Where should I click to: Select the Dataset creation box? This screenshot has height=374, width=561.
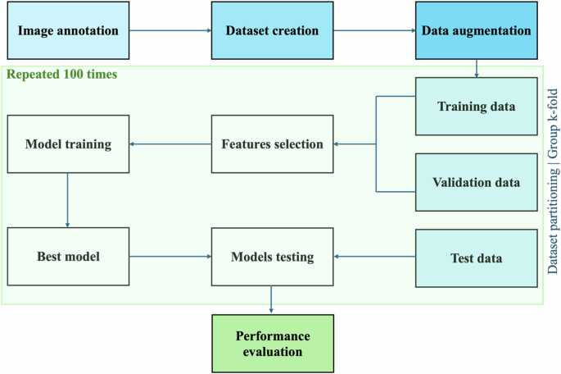tap(271, 31)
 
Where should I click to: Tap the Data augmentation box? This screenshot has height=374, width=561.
tap(476, 31)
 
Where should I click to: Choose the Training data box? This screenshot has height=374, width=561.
tap(476, 107)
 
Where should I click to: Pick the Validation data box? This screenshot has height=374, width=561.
tap(476, 182)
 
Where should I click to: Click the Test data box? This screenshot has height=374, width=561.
tap(476, 258)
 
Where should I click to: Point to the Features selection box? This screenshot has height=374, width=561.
tap(271, 144)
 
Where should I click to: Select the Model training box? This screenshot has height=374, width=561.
tap(68, 144)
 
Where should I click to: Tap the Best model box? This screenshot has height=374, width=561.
tap(68, 258)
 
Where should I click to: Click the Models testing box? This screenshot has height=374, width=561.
tap(271, 258)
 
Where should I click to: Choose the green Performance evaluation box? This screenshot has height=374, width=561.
tap(271, 343)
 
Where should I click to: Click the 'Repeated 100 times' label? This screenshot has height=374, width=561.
tap(61, 74)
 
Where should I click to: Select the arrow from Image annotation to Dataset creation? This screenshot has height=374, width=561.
tap(170, 31)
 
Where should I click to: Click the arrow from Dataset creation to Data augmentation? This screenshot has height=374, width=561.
tap(373, 31)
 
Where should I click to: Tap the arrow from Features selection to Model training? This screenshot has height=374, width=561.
tap(170, 144)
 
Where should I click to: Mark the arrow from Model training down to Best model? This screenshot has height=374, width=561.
tap(68, 200)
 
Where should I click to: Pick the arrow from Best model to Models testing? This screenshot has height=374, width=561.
tap(170, 258)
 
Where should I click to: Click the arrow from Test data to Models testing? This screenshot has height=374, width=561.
tap(373, 258)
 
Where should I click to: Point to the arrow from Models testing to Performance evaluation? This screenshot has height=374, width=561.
tap(271, 300)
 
